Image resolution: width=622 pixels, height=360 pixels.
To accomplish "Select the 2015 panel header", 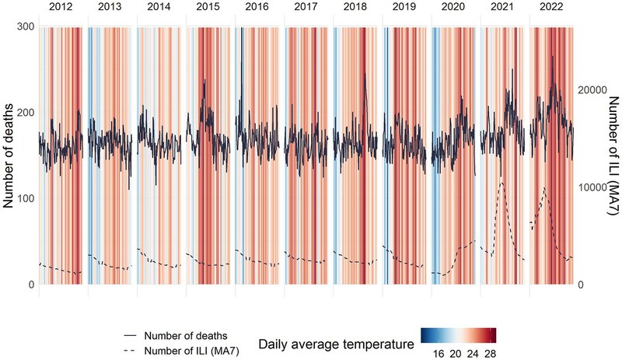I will (208, 8).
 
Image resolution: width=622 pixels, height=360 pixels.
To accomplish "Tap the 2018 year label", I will (355, 8).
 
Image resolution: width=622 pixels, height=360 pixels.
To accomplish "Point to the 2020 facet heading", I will (453, 8).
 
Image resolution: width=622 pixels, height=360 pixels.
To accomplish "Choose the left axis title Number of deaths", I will (10, 156).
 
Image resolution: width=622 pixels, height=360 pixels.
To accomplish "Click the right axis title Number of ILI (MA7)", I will (612, 156).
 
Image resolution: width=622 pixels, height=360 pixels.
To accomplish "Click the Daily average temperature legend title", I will (336, 343).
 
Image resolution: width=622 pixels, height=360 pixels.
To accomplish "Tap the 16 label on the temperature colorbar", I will (438, 351).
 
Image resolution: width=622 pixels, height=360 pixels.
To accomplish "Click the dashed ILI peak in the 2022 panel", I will (543, 188).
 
